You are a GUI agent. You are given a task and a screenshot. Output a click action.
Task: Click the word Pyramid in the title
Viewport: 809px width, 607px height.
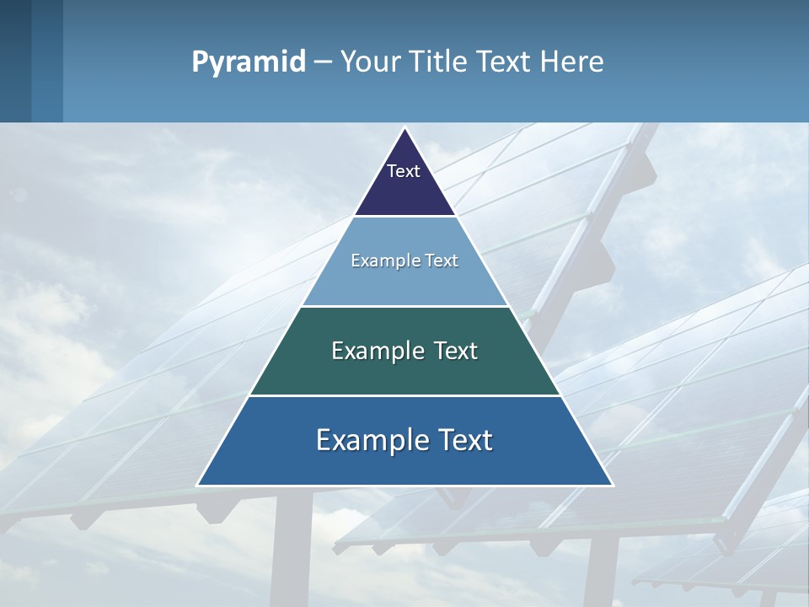pyautogui.click(x=249, y=62)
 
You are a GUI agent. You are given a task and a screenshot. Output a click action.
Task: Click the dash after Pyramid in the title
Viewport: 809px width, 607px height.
pyautogui.click(x=323, y=62)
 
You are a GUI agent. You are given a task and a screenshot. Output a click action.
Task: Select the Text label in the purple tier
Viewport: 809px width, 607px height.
pyautogui.click(x=404, y=171)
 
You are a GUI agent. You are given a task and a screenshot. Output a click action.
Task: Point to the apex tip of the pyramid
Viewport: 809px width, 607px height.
pyautogui.click(x=404, y=129)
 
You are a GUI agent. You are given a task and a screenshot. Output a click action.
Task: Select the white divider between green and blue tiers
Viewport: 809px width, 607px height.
pyautogui.click(x=404, y=395)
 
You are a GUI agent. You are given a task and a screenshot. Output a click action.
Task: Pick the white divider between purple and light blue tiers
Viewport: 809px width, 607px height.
pyautogui.click(x=404, y=216)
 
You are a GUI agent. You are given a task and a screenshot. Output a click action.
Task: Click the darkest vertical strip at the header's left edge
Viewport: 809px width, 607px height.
pyautogui.click(x=15, y=61)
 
